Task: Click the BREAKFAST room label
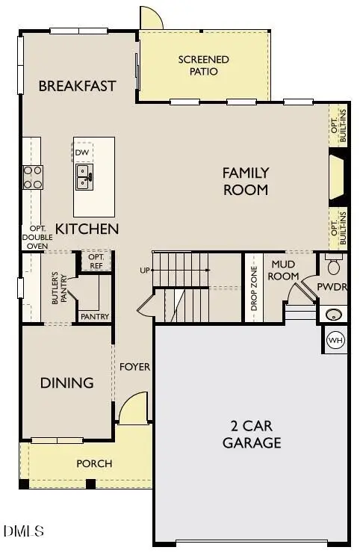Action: coord(78,86)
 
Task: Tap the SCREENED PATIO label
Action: coord(203,66)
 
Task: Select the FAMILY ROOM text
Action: coord(245,182)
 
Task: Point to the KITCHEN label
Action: coord(87,229)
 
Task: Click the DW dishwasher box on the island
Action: coord(83,152)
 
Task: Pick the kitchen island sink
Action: coord(84,177)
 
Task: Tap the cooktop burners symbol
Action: coord(33,176)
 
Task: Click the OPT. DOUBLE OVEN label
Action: coord(37,236)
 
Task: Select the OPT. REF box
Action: coord(96,261)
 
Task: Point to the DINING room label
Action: coord(67,383)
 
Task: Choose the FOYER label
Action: coord(135,367)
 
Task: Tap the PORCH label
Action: coord(95,464)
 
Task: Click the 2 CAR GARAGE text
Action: coord(252,435)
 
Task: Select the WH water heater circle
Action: coord(336,340)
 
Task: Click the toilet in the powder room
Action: coord(334,266)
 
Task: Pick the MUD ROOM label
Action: coord(285,271)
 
